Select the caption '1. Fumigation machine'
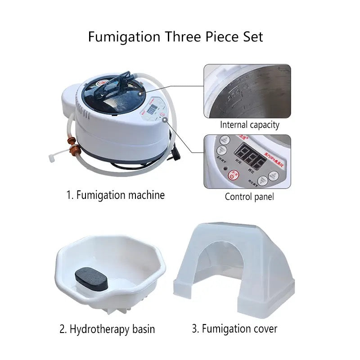click(116, 195)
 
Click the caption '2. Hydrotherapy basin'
click(107, 329)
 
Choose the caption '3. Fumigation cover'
click(234, 328)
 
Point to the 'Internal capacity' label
click(250, 125)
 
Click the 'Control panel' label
click(249, 197)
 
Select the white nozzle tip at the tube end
click(50, 158)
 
